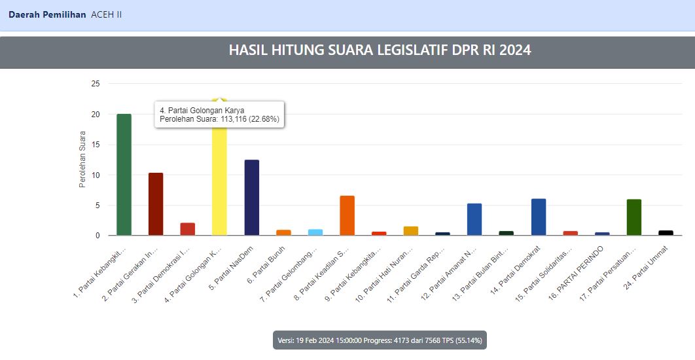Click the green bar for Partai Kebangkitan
click(x=124, y=175)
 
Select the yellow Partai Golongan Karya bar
click(x=219, y=183)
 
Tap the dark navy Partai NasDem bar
click(x=251, y=197)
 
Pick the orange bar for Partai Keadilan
click(x=347, y=215)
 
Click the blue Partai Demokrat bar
click(x=539, y=217)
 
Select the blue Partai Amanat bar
click(x=474, y=219)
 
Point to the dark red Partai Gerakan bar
click(x=156, y=204)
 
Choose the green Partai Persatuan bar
click(x=634, y=217)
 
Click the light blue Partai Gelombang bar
click(x=315, y=232)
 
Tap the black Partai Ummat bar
click(x=666, y=232)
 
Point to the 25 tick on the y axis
click(x=96, y=84)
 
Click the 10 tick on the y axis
click(x=96, y=175)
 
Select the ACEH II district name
click(x=107, y=14)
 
